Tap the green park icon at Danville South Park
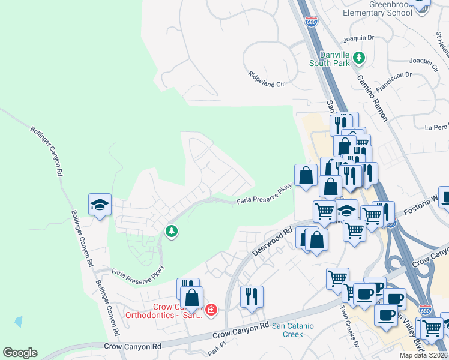coord(359,58)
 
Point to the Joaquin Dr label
coord(358,38)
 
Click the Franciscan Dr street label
coord(394,83)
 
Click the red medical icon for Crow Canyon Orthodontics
coord(211,310)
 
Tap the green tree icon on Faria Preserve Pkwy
coord(172,231)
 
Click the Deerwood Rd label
coord(272,241)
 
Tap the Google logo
coord(20,352)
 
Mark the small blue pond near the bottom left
coord(19,321)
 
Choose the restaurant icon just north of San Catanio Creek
coord(251,296)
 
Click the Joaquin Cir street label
coord(423,65)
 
